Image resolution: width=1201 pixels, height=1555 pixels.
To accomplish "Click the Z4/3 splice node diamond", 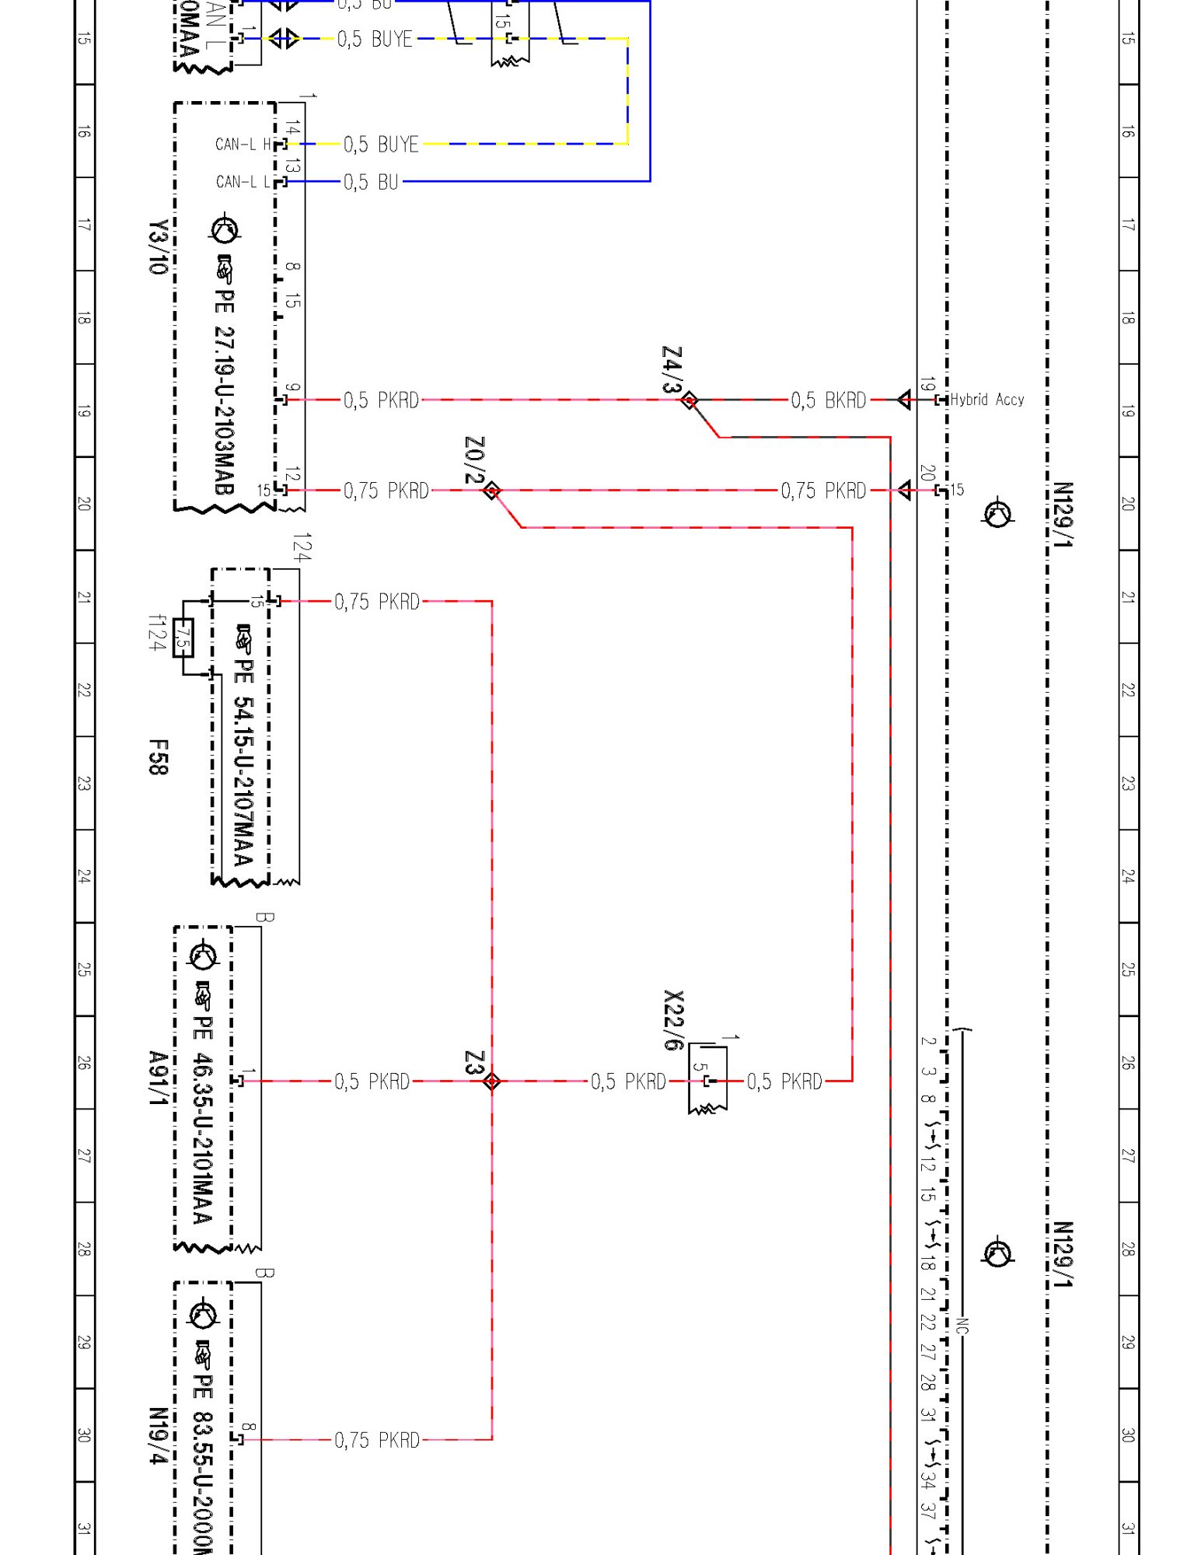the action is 689,400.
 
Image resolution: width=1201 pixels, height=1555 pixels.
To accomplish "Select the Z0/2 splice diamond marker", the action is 491,491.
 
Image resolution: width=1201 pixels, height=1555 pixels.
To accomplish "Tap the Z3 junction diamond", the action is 491,1081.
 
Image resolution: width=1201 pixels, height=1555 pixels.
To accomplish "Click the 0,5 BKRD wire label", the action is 828,400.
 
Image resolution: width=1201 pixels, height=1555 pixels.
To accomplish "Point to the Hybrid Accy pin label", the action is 986,400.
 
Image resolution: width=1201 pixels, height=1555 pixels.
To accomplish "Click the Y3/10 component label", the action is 158,247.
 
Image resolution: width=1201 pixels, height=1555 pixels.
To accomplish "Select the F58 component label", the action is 158,757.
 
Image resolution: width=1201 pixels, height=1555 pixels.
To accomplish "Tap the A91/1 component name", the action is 158,1078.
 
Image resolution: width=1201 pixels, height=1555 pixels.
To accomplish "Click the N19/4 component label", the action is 158,1435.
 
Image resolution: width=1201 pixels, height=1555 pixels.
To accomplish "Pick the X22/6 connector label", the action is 674,1020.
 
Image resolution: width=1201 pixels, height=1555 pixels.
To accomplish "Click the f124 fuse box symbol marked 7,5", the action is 183,638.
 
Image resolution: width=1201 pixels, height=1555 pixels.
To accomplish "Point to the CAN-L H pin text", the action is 243,145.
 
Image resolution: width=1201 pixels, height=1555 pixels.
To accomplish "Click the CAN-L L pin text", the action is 243,182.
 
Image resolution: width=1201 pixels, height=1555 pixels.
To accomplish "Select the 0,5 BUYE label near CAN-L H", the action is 381,145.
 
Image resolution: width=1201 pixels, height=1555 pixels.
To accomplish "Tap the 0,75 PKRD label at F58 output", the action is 376,602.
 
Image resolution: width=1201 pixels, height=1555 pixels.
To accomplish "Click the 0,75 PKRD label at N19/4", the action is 376,1440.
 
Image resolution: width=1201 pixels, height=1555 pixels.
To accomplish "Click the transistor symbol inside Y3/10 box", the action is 225,229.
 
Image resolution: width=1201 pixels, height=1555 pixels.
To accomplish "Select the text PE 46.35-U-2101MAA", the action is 203,1120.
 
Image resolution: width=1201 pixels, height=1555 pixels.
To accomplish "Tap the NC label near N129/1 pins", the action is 962,1325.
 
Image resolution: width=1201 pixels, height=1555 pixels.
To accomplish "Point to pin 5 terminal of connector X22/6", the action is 707,1081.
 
